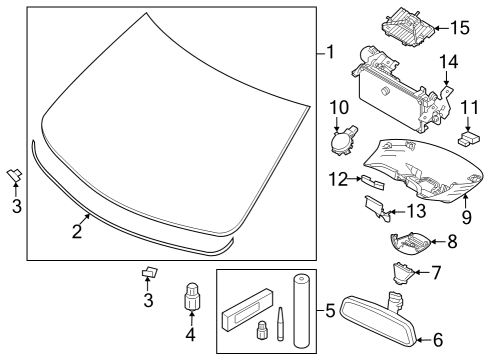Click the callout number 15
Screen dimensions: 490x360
tap(460, 28)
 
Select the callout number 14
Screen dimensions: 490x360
tap(449, 62)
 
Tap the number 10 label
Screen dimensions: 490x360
tap(339, 107)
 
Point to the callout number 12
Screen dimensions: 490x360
tap(338, 179)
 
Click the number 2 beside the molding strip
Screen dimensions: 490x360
tap(77, 231)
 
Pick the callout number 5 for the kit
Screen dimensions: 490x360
tap(330, 311)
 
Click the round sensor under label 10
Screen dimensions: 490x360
tap(342, 142)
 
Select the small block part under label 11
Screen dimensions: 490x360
tap(469, 138)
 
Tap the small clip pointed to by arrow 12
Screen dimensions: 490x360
tap(371, 181)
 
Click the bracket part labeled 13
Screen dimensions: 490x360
tap(376, 207)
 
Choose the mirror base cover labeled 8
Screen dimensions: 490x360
tap(411, 244)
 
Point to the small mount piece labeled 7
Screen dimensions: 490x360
tap(403, 273)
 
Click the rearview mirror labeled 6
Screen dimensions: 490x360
tap(378, 318)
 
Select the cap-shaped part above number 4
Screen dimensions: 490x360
tap(192, 296)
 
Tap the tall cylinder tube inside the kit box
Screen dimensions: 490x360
tap(302, 311)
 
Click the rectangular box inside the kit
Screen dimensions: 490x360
tap(247, 310)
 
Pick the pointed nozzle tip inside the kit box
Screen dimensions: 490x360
tap(281, 324)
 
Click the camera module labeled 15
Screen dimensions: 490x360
tap(408, 27)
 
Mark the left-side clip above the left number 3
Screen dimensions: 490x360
tap(15, 174)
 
